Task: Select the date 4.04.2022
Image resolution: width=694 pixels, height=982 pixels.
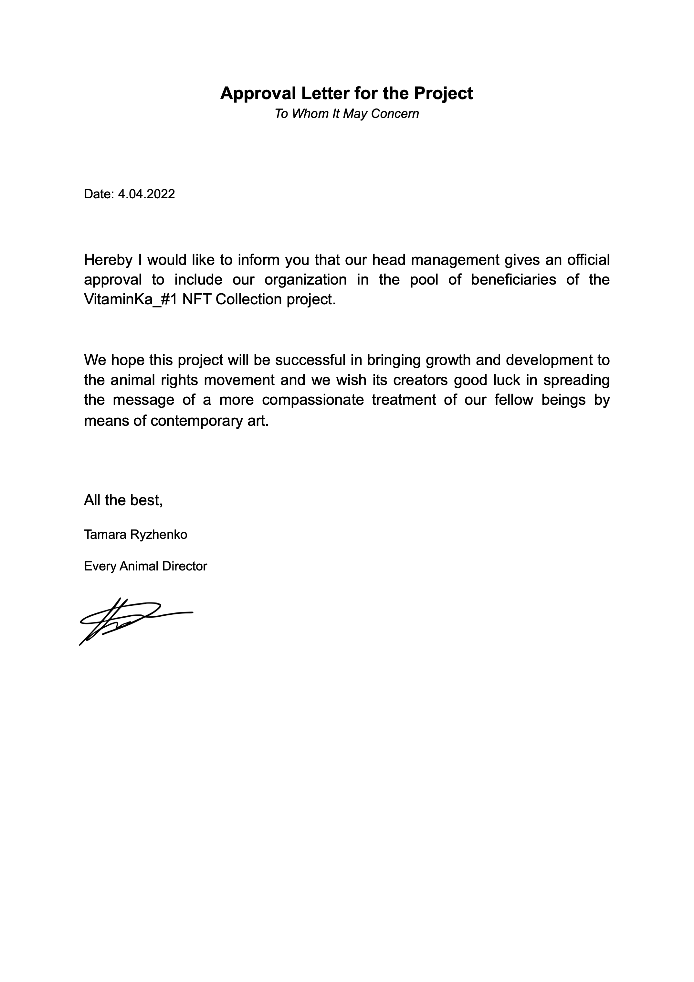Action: pyautogui.click(x=146, y=194)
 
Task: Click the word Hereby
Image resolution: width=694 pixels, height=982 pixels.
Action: pyautogui.click(x=108, y=260)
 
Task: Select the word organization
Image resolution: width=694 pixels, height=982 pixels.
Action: pyautogui.click(x=306, y=280)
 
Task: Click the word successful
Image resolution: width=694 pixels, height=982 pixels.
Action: pyautogui.click(x=310, y=360)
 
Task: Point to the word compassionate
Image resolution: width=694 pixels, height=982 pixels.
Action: pyautogui.click(x=313, y=400)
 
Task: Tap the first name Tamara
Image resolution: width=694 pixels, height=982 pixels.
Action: pyautogui.click(x=103, y=535)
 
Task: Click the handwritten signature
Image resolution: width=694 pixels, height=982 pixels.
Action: pyautogui.click(x=128, y=620)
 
